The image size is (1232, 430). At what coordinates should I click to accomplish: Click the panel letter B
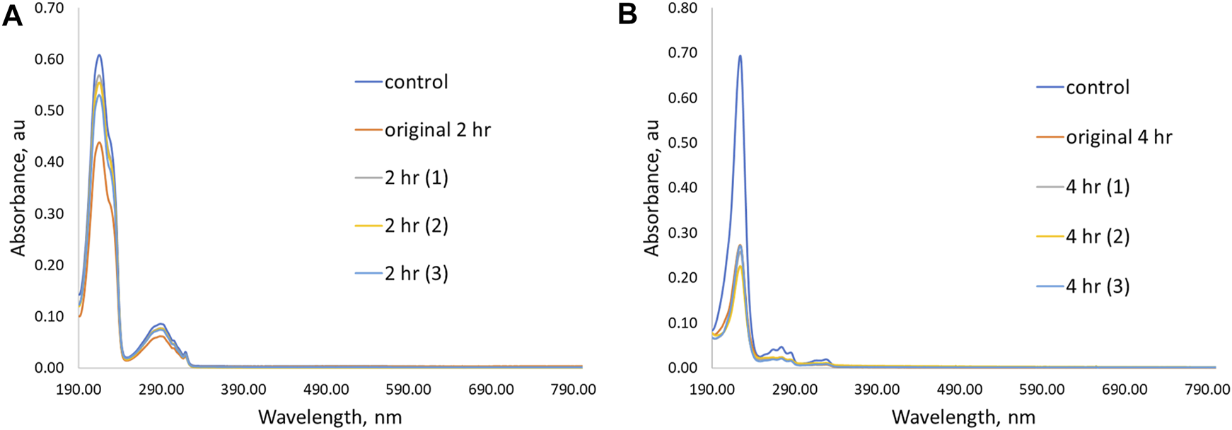pos(627,14)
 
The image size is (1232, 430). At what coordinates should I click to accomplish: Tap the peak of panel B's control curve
pos(740,56)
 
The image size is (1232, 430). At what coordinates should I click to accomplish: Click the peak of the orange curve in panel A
pos(100,142)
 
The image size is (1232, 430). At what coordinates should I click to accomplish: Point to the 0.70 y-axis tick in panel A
pos(50,8)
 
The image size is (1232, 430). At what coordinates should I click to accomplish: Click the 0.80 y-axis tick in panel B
pos(682,8)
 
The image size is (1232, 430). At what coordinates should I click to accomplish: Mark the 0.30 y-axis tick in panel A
pos(50,214)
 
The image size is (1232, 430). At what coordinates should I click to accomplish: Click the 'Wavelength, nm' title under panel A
pos(330,417)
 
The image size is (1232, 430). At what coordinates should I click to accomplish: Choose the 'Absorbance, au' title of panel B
pos(651,187)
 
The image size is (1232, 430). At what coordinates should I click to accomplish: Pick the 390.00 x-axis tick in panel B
pos(877,390)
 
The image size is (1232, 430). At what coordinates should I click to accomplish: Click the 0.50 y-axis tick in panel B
pos(682,143)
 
